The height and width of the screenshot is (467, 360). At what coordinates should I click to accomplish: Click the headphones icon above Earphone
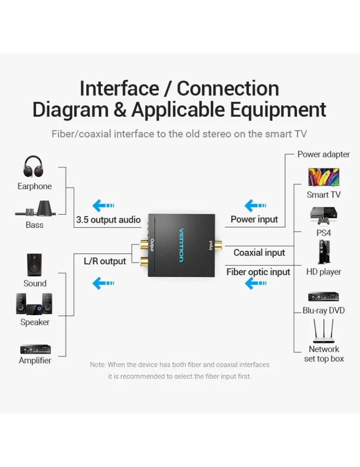[33, 167]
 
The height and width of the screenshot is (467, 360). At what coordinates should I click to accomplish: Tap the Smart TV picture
[324, 177]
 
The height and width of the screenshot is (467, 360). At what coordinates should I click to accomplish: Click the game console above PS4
[324, 215]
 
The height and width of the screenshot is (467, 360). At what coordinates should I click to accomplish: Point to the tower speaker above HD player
[324, 252]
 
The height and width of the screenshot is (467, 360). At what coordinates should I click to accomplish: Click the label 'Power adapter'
[324, 154]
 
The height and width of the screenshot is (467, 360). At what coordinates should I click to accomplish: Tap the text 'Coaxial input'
[259, 253]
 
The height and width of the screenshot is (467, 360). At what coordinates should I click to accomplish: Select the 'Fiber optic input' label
[258, 272]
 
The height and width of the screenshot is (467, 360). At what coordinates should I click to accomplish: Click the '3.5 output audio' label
[108, 219]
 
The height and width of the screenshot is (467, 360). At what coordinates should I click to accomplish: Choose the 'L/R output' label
[105, 261]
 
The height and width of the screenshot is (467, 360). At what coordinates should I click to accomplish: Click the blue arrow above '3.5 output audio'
[103, 205]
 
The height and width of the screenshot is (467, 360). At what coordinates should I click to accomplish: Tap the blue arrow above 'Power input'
[255, 205]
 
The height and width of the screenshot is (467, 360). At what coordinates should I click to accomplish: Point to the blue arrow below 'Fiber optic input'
[255, 283]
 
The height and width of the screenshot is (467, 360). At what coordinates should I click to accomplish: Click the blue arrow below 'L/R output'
[103, 283]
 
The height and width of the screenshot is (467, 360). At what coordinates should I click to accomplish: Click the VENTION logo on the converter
[181, 245]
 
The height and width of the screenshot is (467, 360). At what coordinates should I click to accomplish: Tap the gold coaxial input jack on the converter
[218, 245]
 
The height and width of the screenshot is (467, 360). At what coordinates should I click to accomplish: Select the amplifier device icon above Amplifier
[35, 349]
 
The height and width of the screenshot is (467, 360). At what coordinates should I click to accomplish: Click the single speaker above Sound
[34, 265]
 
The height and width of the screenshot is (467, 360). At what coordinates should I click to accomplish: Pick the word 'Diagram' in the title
[70, 110]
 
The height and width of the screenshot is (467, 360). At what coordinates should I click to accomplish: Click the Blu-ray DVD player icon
[324, 297]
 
